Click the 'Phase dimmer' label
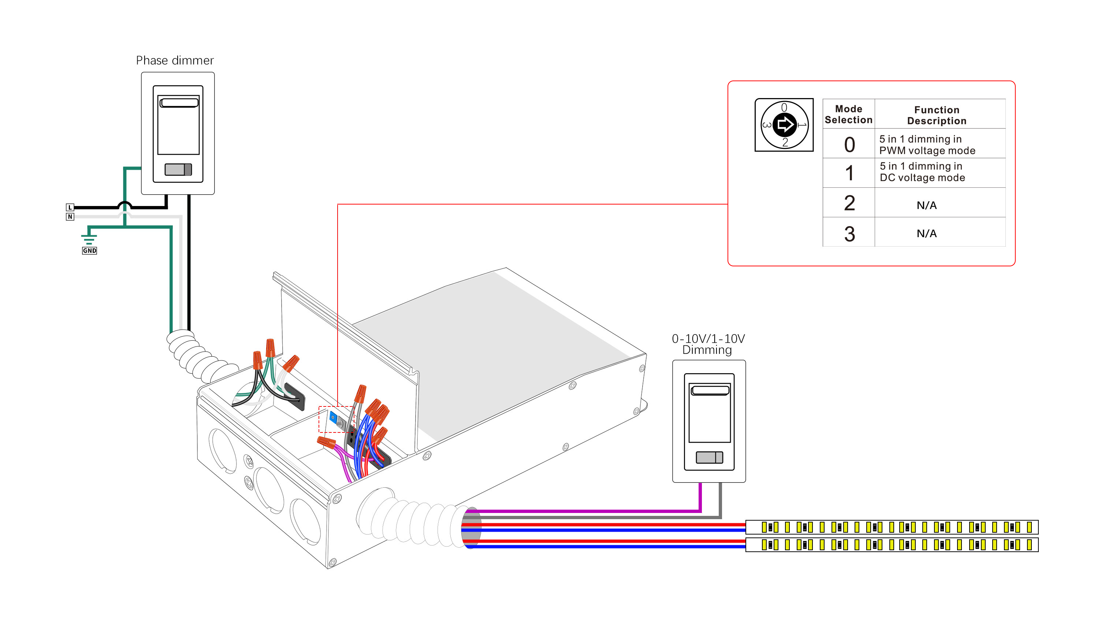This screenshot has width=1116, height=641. coord(175,60)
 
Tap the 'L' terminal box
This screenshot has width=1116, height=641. coord(70,207)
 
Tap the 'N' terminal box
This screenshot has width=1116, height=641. coord(70,217)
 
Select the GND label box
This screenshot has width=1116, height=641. coord(89,251)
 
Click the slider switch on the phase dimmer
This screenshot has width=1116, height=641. coord(178,169)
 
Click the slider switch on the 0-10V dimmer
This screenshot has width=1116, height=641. coord(709,457)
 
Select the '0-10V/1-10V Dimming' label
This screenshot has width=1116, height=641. coord(708,344)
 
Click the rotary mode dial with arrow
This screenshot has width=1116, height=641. coord(784,125)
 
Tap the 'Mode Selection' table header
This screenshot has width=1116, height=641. coord(849,114)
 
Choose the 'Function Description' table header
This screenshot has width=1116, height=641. coord(937,115)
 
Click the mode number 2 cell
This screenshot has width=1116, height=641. coord(849,203)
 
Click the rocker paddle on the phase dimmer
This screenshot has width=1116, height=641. coord(178,125)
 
